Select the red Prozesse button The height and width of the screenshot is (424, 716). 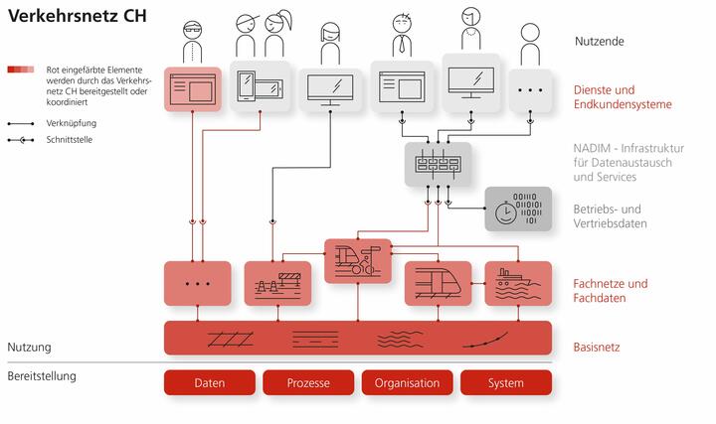pos(307,382)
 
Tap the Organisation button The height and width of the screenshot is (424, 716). pos(406,382)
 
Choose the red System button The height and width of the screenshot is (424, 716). pos(505,382)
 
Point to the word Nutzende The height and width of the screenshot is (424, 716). pos(601,42)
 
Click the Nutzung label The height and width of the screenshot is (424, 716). pos(30,348)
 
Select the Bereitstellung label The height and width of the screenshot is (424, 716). pos(42,376)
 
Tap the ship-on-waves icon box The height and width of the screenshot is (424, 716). pos(517,283)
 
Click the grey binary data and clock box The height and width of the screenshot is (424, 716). pos(517,210)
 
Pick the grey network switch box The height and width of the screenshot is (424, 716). pos(438,164)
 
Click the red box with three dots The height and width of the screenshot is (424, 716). pos(197,283)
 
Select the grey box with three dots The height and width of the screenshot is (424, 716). pos(531,89)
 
